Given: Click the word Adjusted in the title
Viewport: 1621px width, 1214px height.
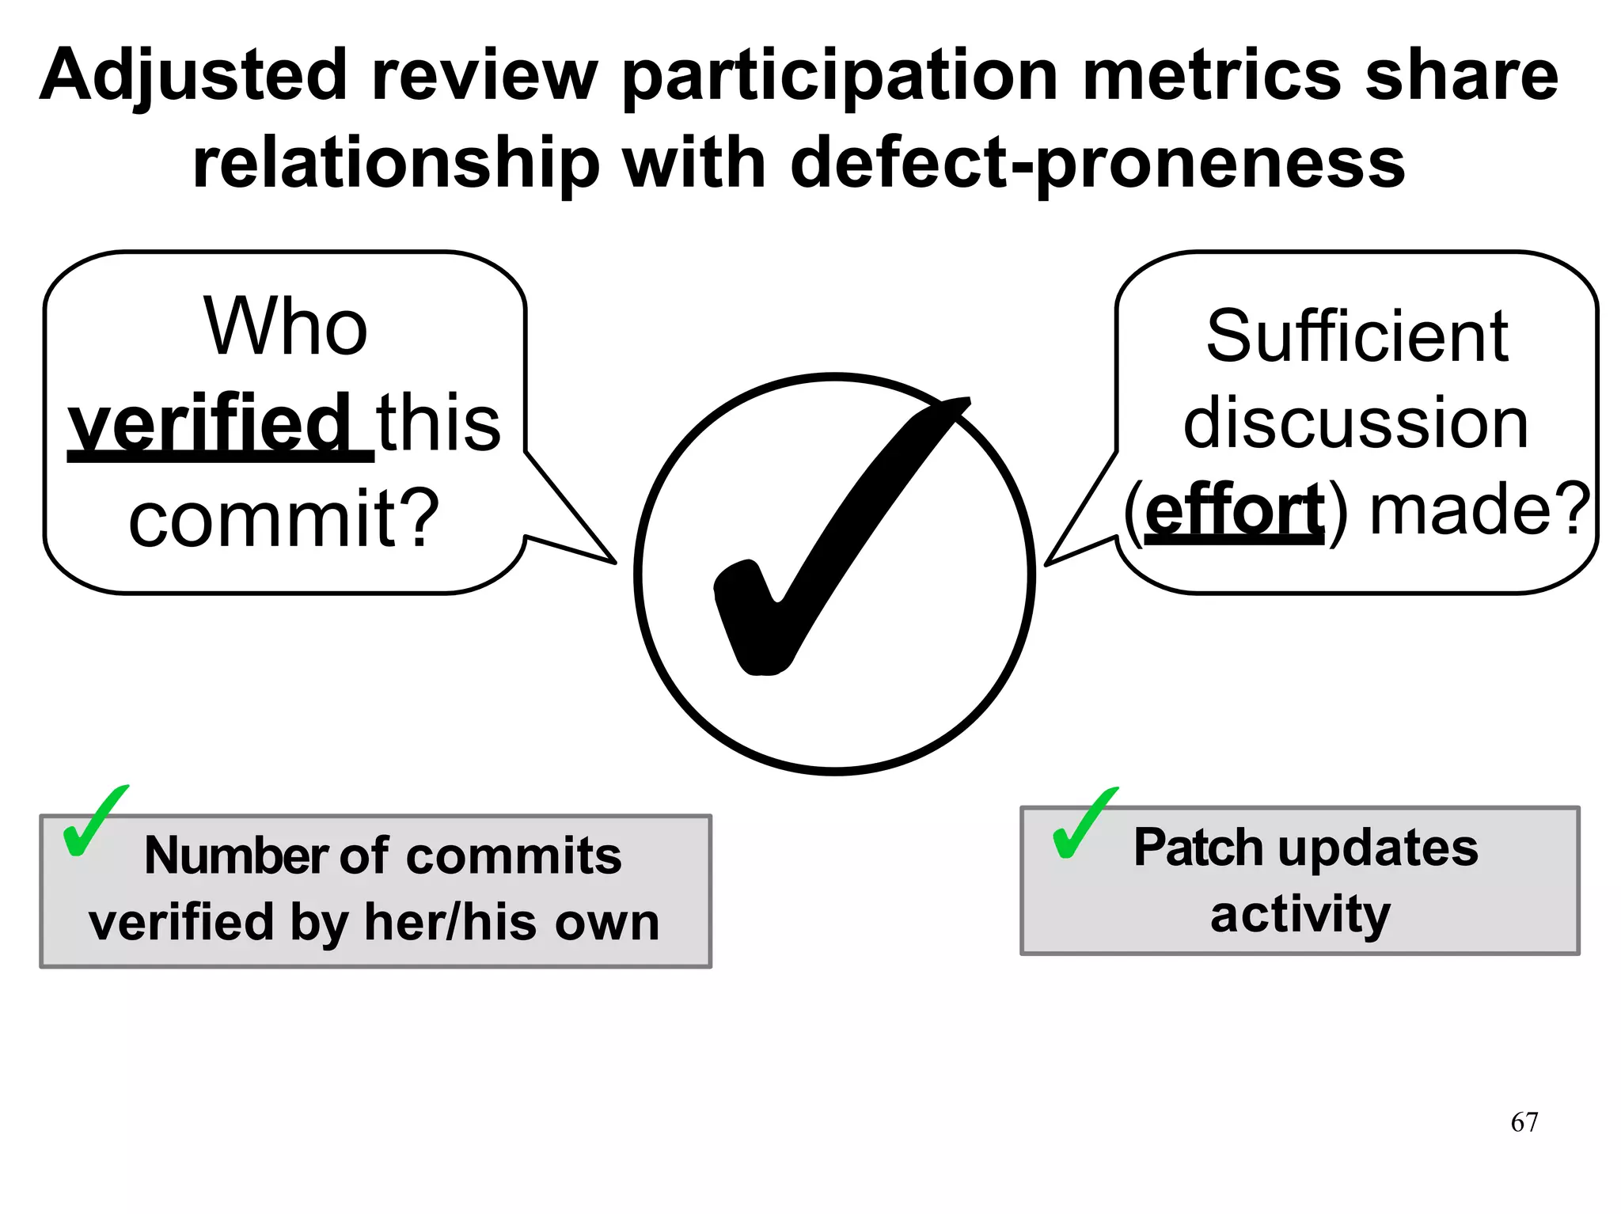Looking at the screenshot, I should point(194,78).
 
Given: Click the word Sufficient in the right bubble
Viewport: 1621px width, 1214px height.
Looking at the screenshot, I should point(1357,336).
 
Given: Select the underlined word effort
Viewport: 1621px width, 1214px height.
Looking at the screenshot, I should point(1234,510).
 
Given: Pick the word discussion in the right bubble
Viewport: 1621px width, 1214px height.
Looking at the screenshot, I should point(1356,423).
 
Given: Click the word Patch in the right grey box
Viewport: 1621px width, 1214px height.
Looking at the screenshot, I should point(1200,848).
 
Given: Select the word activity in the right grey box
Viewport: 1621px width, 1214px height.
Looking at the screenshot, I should point(1300,915).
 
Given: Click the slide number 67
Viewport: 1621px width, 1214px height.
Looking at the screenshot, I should point(1524,1122).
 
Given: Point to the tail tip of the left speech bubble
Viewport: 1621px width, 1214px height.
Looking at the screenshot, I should point(614,563).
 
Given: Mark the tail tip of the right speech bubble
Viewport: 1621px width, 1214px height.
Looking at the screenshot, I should point(1046,564).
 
